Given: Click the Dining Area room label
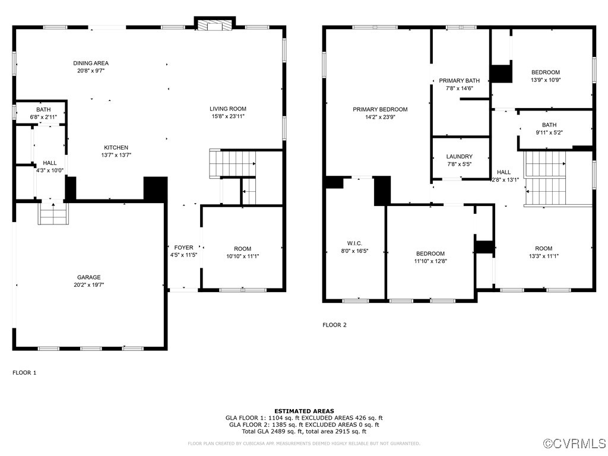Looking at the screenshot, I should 91,63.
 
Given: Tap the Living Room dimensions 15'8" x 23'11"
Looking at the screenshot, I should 227,116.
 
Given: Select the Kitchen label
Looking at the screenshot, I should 116,147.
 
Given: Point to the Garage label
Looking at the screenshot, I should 88,277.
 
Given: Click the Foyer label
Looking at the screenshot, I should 183,247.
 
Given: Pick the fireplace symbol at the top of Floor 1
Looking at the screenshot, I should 214,26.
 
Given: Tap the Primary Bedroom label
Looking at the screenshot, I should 380,109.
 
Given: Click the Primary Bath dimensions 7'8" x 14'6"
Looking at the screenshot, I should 459,88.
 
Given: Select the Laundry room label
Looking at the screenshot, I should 459,157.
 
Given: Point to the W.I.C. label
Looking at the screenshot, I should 354,243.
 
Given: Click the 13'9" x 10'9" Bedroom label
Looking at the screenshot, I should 545,72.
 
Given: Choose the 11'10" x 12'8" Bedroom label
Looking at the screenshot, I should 430,254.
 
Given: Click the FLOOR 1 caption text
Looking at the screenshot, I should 24,373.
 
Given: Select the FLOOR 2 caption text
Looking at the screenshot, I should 334,325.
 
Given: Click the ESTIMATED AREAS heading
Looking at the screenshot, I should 304,411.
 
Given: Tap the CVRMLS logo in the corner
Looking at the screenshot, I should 575,444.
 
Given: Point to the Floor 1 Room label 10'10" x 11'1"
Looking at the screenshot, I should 242,249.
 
